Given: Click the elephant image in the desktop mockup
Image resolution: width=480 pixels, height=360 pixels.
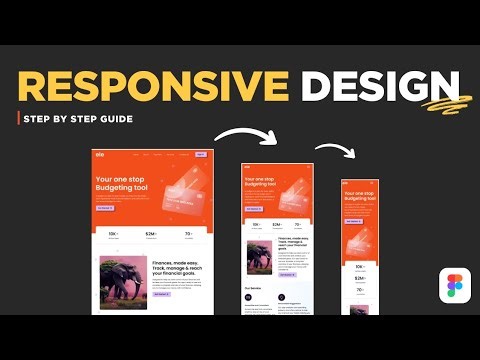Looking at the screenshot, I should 123,281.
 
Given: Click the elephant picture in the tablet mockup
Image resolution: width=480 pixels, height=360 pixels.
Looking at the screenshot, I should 257,258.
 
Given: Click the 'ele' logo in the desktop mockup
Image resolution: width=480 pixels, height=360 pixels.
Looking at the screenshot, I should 100,155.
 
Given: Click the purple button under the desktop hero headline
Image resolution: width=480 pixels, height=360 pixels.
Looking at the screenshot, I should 105,208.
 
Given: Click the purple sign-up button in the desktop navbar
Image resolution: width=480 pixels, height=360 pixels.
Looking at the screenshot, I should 201,155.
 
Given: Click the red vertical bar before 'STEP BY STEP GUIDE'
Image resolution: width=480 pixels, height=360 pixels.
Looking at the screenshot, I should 20,119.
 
